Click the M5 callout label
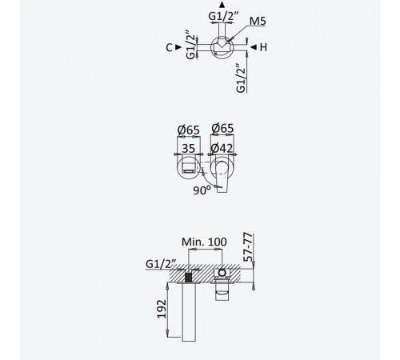coord(258,21)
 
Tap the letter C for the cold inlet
coord(169,48)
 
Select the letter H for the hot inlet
coord(263,47)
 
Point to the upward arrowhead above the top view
coord(222,5)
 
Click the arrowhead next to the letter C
coord(178,47)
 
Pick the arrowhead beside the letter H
coord(254,47)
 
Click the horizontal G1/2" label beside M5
coord(223,16)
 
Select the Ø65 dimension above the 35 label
coord(189,130)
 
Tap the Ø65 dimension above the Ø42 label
coord(222,128)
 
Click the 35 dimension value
coord(189,149)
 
